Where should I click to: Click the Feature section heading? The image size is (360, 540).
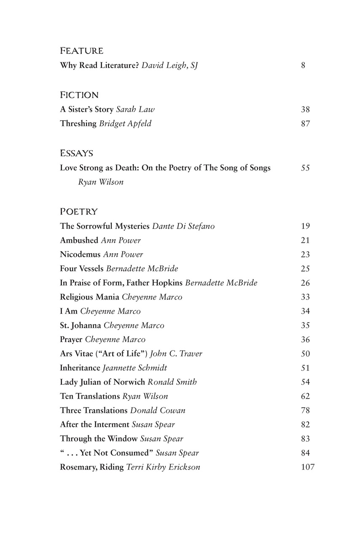pyautogui.click(x=82, y=51)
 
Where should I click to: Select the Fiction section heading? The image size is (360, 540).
pyautogui.click(x=79, y=95)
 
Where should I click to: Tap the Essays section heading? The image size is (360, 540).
pyautogui.click(x=76, y=153)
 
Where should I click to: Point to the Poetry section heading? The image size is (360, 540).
pyautogui.click(x=79, y=211)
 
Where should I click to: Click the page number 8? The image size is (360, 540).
pyautogui.click(x=303, y=65)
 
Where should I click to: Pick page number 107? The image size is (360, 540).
pyautogui.click(x=308, y=467)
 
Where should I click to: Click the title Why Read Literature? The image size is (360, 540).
pyautogui.click(x=99, y=65)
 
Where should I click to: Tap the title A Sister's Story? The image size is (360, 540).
pyautogui.click(x=86, y=110)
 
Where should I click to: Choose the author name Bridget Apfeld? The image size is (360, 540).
pyautogui.click(x=125, y=124)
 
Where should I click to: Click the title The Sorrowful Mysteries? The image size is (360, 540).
pyautogui.click(x=105, y=226)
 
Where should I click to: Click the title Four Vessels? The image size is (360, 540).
pyautogui.click(x=81, y=269)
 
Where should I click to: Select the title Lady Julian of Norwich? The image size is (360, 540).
pyautogui.click(x=102, y=382)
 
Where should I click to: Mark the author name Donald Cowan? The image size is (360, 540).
pyautogui.click(x=158, y=410)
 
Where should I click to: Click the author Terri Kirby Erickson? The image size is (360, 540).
pyautogui.click(x=163, y=467)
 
